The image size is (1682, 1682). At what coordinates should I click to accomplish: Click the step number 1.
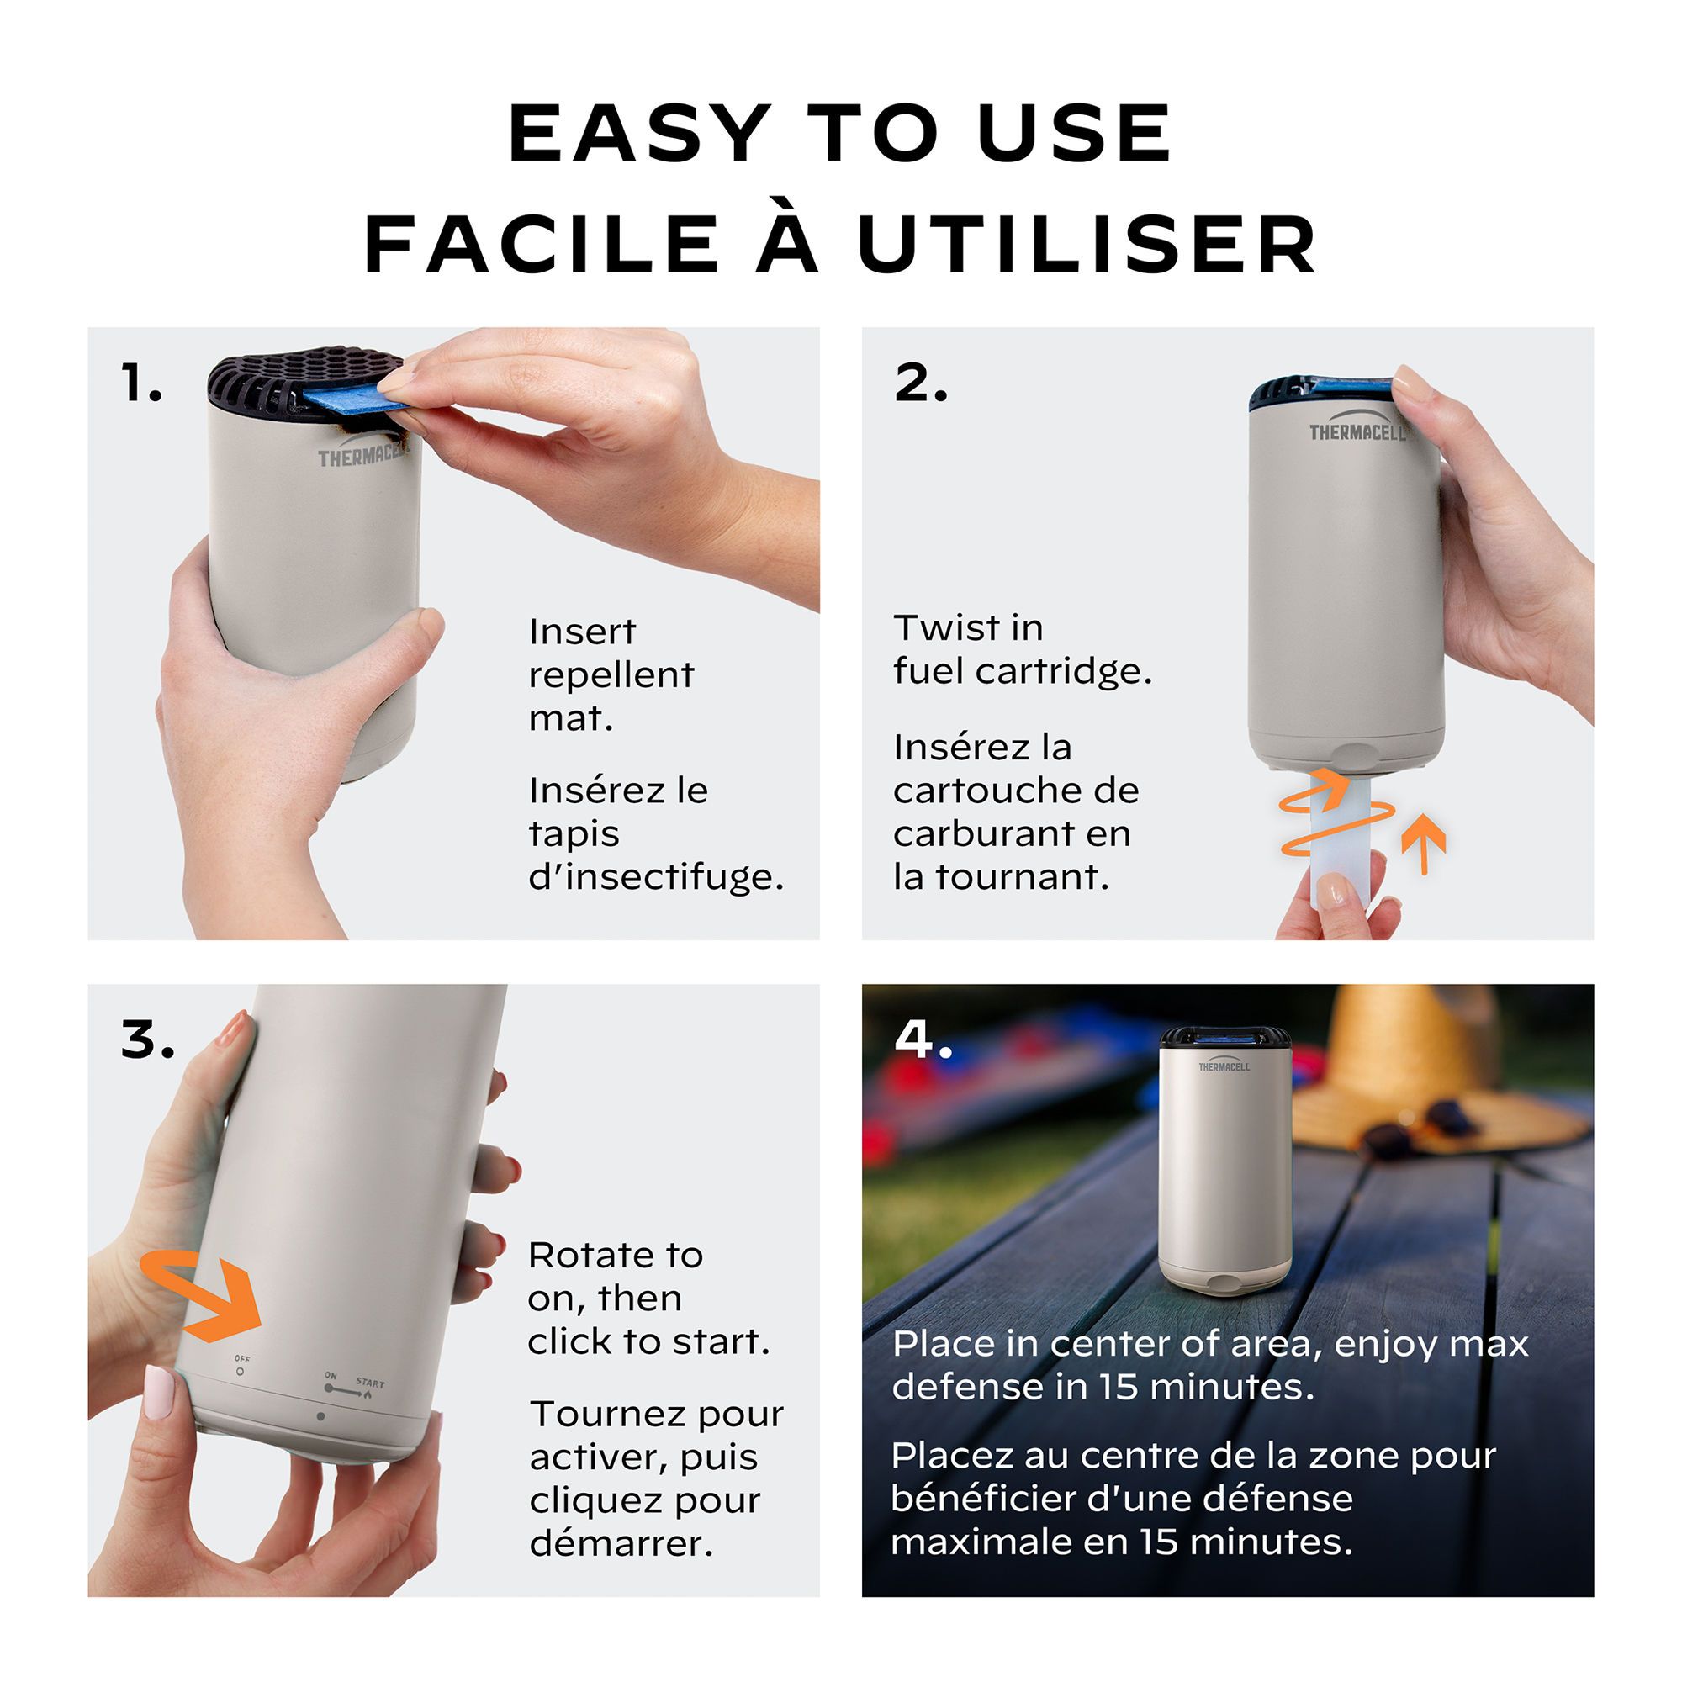142,383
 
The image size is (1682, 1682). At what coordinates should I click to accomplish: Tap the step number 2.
920,383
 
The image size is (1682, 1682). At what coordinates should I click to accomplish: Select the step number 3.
147,1039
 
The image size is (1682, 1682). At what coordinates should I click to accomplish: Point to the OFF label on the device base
242,1358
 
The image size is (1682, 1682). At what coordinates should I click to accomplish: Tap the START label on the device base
370,1383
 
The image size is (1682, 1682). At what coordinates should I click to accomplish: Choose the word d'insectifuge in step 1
656,875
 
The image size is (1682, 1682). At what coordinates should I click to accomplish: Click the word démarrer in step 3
621,1543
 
